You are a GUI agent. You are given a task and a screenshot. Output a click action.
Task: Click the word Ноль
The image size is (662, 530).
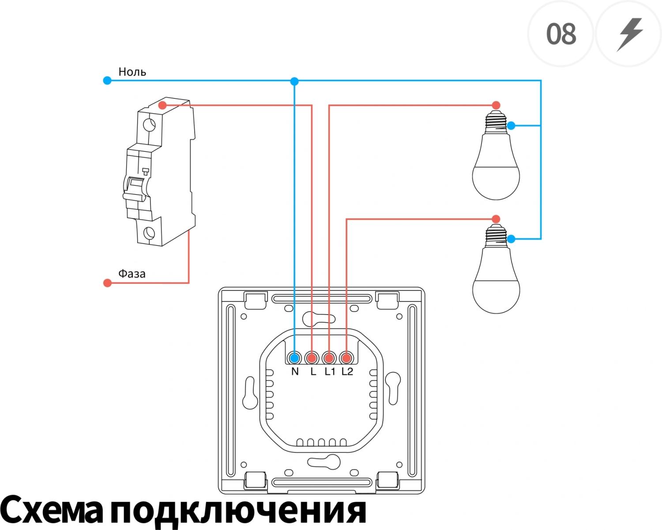[132, 71]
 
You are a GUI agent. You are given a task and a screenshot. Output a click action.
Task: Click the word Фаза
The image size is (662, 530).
[132, 274]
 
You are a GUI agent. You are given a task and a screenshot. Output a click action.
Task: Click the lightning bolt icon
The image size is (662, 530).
[630, 35]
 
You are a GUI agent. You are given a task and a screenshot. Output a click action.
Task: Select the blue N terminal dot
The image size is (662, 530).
[295, 358]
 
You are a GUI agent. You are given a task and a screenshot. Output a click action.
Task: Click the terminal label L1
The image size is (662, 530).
[330, 372]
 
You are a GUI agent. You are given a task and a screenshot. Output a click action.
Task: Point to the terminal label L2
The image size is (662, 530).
[347, 372]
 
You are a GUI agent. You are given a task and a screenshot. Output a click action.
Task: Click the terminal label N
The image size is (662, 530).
[295, 372]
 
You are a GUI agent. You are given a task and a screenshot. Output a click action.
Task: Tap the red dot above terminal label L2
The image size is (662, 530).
[346, 358]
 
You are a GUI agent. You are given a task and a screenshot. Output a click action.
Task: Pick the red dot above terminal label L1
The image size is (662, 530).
[329, 358]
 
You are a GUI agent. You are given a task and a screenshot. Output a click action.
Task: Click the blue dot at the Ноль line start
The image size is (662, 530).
[107, 81]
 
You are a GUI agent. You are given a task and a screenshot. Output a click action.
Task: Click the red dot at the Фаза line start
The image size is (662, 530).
[107, 283]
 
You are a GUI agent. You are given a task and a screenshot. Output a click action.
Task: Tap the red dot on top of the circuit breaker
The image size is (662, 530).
[162, 105]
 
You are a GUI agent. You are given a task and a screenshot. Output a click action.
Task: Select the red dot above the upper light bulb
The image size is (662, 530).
[496, 105]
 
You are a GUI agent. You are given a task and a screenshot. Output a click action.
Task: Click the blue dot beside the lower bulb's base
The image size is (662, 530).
[511, 239]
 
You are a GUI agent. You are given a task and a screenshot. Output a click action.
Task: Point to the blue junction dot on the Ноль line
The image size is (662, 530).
[294, 81]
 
